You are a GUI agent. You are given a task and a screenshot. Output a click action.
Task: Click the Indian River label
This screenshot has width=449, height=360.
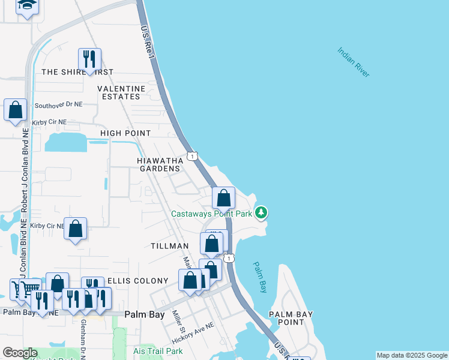tap(353, 62)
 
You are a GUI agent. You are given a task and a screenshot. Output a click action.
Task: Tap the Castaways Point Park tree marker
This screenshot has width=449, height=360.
tap(261, 212)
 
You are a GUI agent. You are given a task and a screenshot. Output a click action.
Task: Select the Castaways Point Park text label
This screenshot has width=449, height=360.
tap(211, 214)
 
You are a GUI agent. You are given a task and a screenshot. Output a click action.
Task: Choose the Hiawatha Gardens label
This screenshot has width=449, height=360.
tap(158, 165)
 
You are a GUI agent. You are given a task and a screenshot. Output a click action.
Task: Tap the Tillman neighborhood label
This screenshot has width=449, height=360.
tap(170, 246)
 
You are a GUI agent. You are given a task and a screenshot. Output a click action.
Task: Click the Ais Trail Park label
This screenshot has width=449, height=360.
tap(158, 351)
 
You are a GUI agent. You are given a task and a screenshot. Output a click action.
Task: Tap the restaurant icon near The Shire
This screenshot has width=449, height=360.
tap(89, 59)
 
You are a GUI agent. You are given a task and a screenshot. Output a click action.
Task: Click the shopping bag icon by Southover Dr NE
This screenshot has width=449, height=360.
tap(16, 110)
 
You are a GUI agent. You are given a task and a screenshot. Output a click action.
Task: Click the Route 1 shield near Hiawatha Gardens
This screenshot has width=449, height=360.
tap(191, 156)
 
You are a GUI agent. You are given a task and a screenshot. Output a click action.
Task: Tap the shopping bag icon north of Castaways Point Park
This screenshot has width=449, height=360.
tap(223, 197)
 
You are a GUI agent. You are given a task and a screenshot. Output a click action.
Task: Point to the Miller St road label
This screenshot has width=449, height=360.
tap(179, 323)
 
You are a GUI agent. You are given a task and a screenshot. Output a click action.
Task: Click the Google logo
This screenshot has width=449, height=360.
tap(20, 353)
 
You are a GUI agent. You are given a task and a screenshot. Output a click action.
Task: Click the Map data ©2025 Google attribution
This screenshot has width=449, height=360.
tap(412, 355)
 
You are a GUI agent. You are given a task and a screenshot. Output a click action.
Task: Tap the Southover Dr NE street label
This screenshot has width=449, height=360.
tap(58, 104)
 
